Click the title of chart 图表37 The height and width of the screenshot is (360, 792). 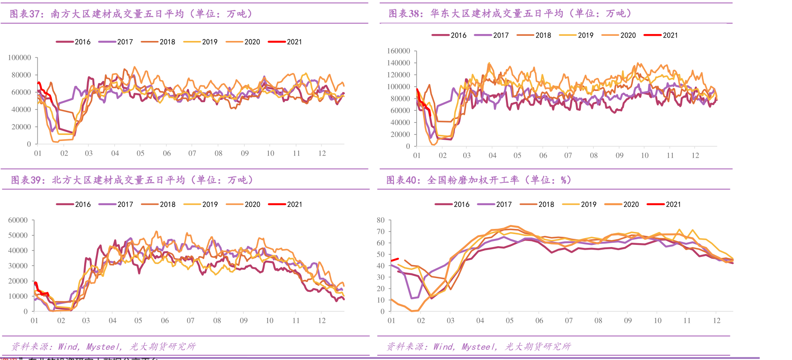131,14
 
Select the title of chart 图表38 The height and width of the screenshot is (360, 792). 510,14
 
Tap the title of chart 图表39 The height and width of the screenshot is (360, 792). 132,180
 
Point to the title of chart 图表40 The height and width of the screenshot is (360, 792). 479,180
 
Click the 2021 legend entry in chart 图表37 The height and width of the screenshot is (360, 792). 285,42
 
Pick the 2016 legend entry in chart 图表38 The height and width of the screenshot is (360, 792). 449,35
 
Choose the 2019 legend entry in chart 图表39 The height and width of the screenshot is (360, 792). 201,204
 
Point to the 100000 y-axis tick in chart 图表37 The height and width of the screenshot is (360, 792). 20,58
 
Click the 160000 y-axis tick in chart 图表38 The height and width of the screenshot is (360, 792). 399,51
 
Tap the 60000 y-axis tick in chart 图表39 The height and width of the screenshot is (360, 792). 18,220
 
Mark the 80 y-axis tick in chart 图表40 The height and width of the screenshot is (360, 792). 380,220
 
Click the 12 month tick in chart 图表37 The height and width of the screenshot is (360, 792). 322,153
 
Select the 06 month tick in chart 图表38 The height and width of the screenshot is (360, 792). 543,156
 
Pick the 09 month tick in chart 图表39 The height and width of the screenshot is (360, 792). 243,321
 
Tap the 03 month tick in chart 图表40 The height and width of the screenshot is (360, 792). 450,321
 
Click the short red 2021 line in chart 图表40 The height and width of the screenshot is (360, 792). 394,260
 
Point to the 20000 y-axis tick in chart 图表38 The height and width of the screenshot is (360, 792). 400,135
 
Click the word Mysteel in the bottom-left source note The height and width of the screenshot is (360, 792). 103,347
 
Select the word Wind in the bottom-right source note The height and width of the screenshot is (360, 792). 444,347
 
